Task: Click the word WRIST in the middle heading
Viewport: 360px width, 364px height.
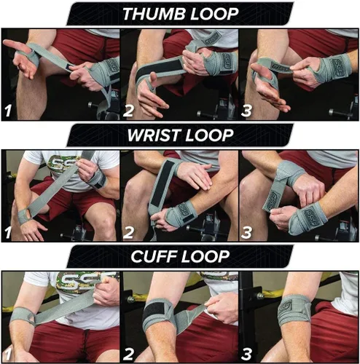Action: click(x=154, y=135)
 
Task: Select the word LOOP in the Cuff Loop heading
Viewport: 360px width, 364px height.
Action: click(x=204, y=256)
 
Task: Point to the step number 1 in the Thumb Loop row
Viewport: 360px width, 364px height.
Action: click(x=8, y=111)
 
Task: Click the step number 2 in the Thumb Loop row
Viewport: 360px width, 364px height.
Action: click(x=128, y=111)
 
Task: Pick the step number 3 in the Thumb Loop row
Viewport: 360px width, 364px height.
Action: click(x=246, y=111)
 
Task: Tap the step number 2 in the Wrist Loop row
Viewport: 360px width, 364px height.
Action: click(x=128, y=232)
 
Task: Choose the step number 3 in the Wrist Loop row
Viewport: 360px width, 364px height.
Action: click(x=246, y=232)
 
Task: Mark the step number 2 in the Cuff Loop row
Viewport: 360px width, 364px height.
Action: click(x=128, y=355)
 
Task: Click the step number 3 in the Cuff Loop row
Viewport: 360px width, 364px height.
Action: click(x=246, y=355)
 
